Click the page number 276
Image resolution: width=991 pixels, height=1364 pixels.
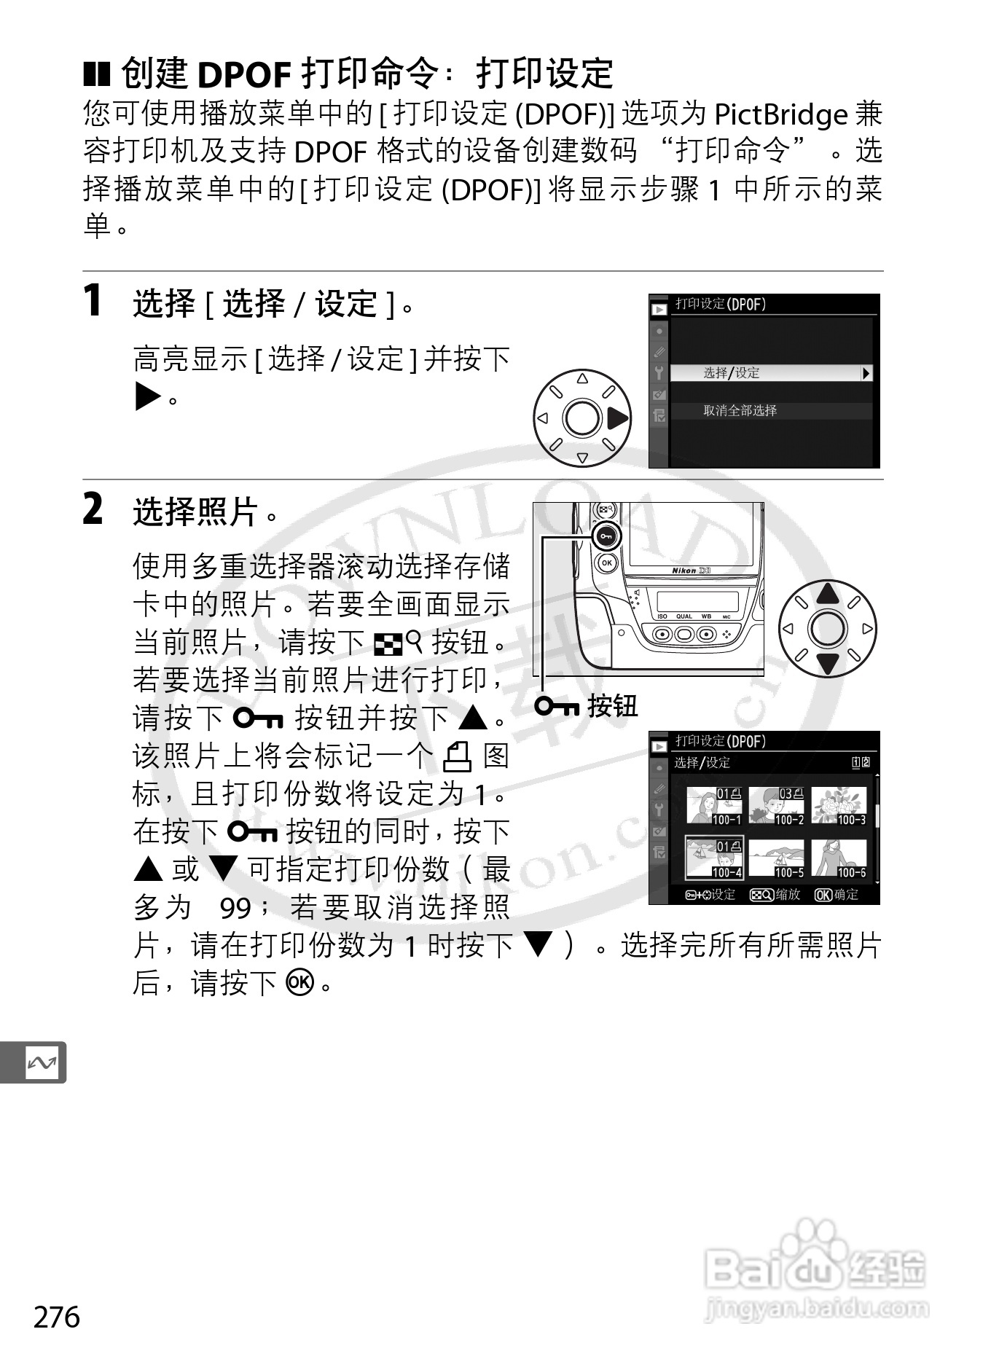(x=57, y=1317)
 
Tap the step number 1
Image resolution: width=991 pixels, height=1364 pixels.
(x=93, y=301)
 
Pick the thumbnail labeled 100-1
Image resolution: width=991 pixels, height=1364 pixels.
(x=714, y=806)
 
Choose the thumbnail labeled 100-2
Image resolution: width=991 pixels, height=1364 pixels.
(x=777, y=806)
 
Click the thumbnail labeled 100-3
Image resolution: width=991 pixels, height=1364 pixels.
(x=839, y=806)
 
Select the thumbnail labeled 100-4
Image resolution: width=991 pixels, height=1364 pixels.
(x=714, y=858)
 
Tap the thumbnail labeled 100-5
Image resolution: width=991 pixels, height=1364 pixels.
(x=777, y=858)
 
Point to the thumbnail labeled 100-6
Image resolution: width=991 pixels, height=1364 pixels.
(x=839, y=858)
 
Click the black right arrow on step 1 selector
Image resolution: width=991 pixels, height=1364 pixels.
(x=616, y=418)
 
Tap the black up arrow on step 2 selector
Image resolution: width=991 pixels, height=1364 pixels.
(x=828, y=593)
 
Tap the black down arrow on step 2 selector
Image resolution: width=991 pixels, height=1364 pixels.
(x=828, y=664)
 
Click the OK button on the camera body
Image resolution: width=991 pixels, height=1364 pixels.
(x=606, y=563)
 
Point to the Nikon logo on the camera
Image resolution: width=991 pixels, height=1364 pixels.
(x=684, y=571)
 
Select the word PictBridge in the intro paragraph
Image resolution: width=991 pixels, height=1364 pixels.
(x=780, y=115)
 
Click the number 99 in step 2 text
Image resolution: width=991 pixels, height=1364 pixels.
(x=235, y=908)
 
